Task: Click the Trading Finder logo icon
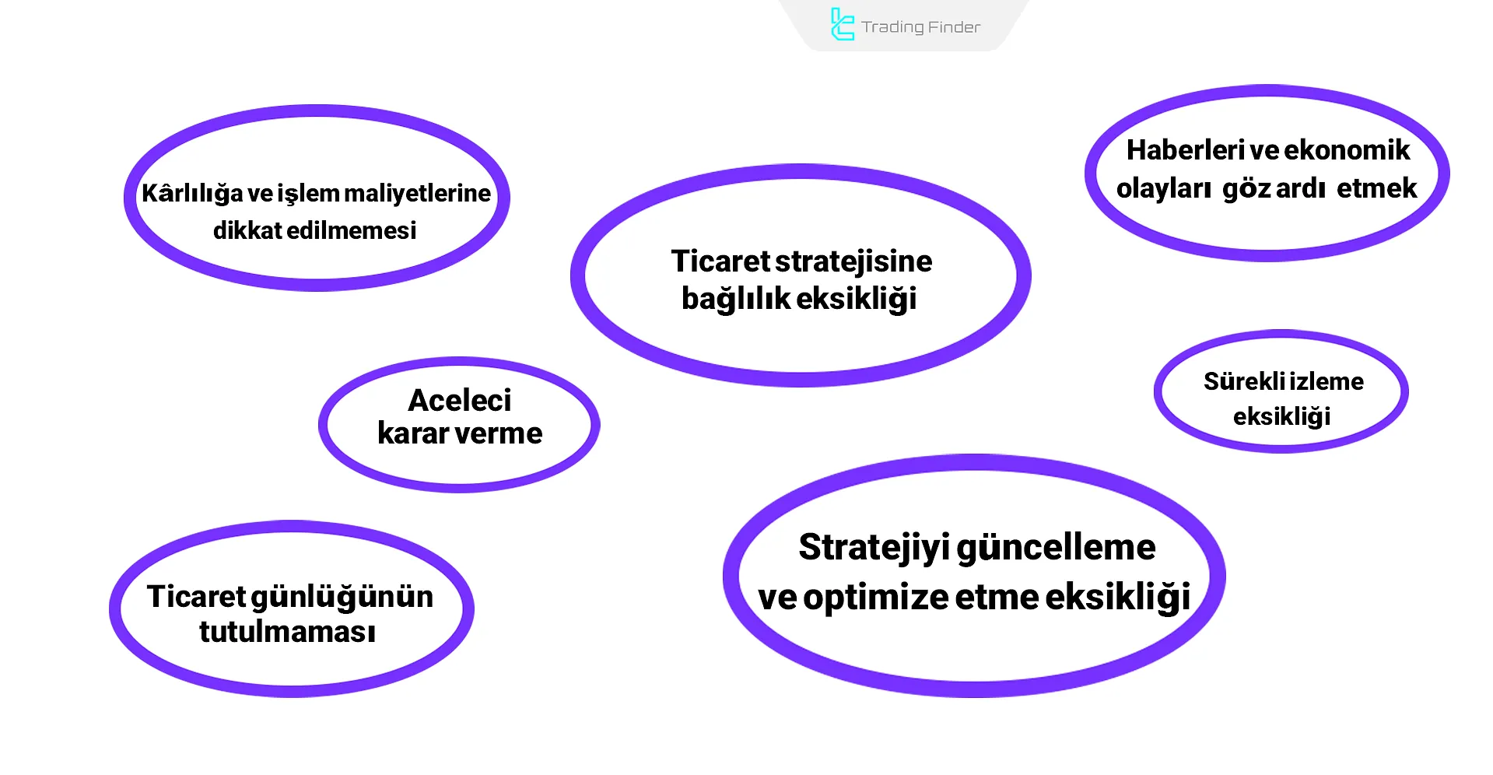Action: click(842, 25)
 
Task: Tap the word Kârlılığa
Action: click(191, 193)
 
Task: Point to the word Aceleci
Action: click(459, 400)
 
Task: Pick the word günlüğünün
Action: click(352, 597)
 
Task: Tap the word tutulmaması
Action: click(287, 632)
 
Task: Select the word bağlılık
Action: click(735, 299)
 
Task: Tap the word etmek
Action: click(1376, 188)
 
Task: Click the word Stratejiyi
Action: click(874, 548)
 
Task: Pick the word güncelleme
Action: click(1056, 548)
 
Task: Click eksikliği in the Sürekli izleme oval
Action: click(1281, 416)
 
